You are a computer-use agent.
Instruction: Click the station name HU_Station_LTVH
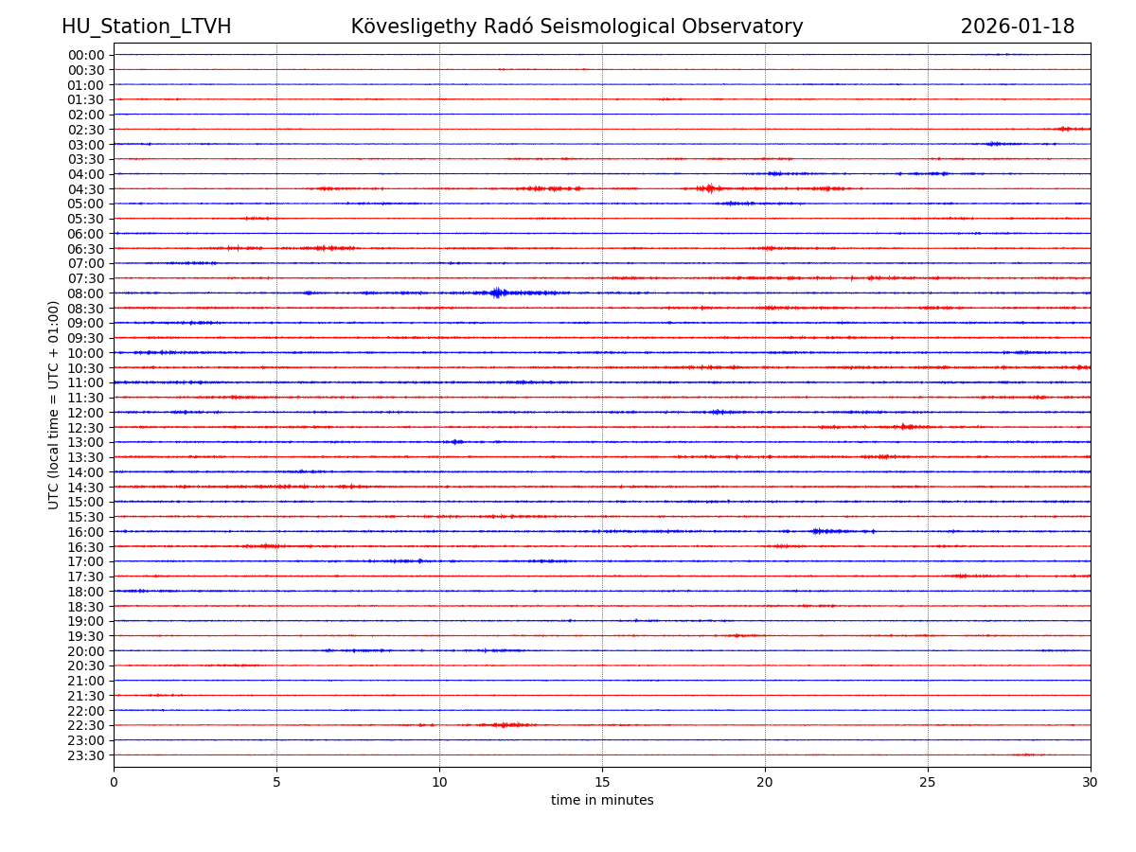click(x=146, y=27)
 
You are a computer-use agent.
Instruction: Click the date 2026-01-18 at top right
click(x=1017, y=27)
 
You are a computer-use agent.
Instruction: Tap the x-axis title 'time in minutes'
click(x=602, y=801)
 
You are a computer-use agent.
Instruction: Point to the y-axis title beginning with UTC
click(x=54, y=404)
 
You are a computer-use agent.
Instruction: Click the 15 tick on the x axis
click(x=602, y=783)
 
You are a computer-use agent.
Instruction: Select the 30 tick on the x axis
click(x=1091, y=783)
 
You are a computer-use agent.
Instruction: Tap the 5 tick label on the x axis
click(x=276, y=783)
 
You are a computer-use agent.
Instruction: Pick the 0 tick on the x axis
click(x=114, y=783)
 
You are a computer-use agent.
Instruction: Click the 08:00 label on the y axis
click(x=86, y=293)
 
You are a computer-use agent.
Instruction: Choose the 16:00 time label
click(x=86, y=532)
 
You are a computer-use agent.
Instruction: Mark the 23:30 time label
click(x=86, y=755)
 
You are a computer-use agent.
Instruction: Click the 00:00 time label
click(x=86, y=55)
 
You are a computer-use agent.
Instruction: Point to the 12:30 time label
click(x=86, y=428)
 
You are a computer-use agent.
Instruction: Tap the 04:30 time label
click(x=86, y=189)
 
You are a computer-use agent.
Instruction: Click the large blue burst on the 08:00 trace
click(x=498, y=293)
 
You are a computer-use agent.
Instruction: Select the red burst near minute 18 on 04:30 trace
click(x=708, y=188)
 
